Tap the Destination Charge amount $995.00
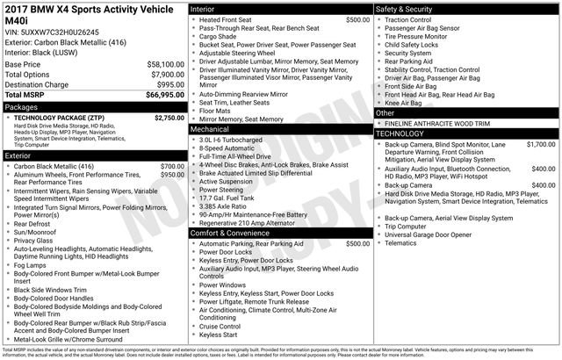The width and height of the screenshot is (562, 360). coord(165,84)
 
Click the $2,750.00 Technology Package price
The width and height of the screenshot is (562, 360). coord(164,117)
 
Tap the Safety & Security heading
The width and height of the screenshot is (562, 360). coord(406,9)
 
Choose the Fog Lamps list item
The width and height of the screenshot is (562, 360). coord(31,265)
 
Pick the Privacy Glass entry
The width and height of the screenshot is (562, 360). coord(34,240)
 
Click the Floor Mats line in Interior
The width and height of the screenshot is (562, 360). coord(216,111)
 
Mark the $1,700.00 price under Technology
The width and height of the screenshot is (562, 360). coord(540,143)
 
